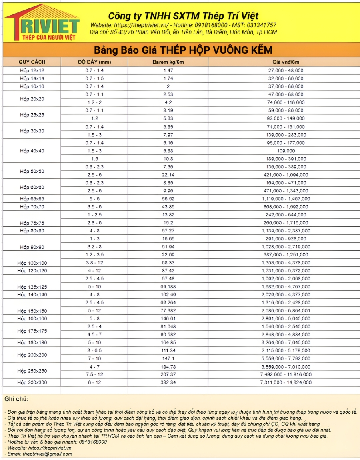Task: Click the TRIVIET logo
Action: click(x=42, y=22)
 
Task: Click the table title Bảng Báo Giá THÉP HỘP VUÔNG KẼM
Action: click(x=183, y=50)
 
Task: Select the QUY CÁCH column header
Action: click(x=32, y=62)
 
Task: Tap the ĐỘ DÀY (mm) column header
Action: click(x=94, y=62)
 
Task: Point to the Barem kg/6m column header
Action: click(x=168, y=62)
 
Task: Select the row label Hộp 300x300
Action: click(x=32, y=383)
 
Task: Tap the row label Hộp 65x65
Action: click(x=32, y=199)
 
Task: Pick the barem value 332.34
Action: click(x=168, y=383)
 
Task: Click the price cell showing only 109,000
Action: click(x=286, y=151)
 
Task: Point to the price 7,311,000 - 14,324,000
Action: click(x=286, y=383)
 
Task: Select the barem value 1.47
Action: click(x=168, y=70)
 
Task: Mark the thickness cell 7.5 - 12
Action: click(x=94, y=375)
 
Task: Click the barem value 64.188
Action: click(x=168, y=287)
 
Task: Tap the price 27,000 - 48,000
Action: click(x=286, y=70)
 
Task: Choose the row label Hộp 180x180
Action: click(x=32, y=343)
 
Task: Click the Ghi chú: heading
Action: click(x=16, y=399)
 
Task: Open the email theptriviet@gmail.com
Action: click(x=48, y=454)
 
